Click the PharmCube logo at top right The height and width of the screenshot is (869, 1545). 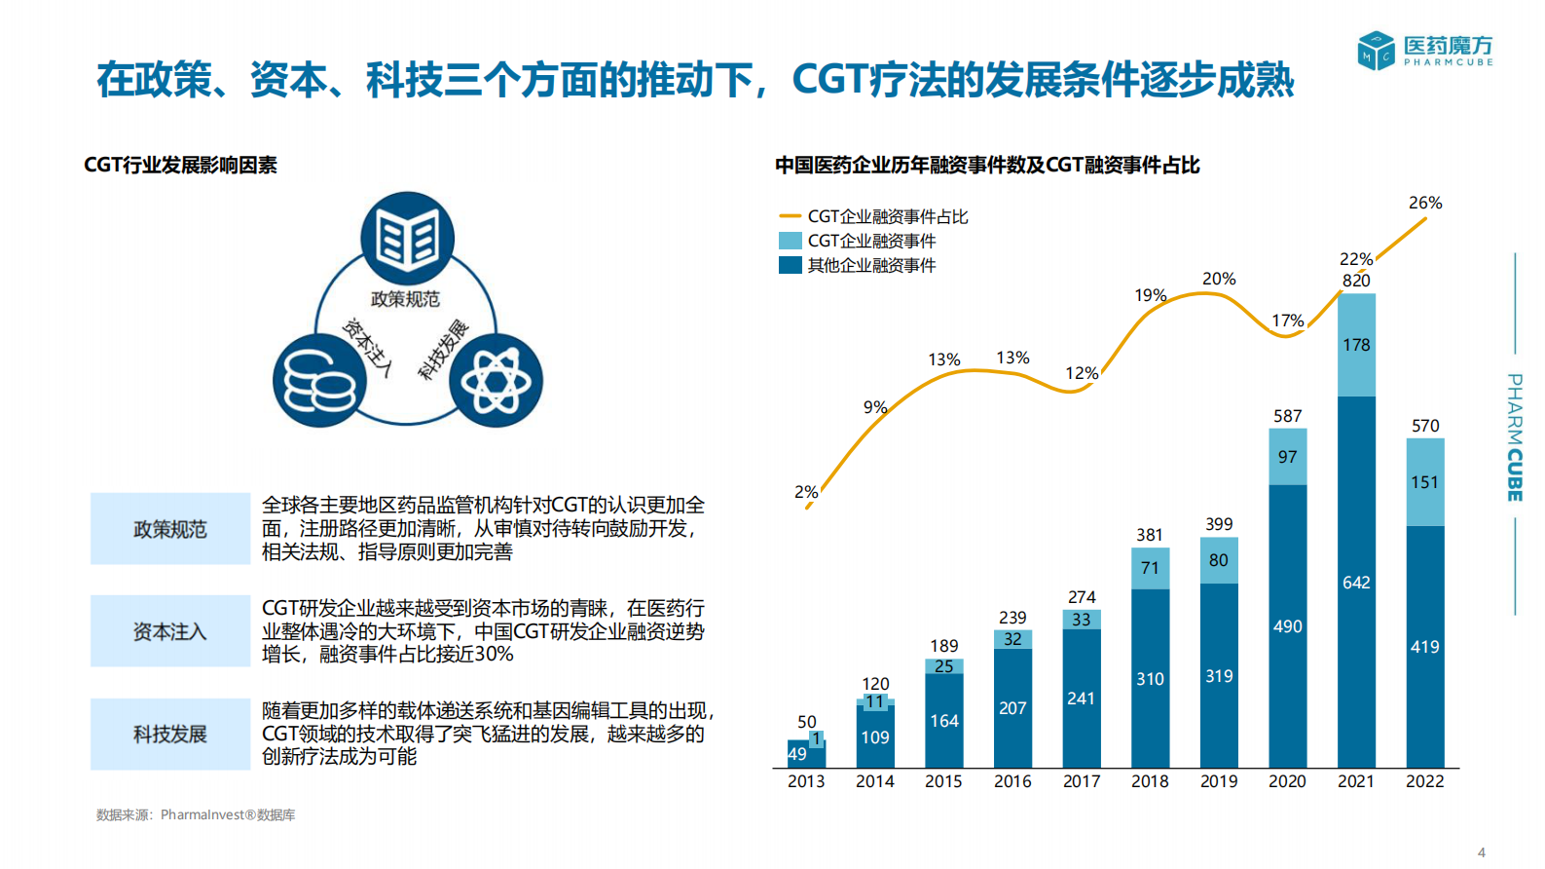1424,50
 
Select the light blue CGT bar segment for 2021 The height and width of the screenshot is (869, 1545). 1356,345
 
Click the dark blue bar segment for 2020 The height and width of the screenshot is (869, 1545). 1287,625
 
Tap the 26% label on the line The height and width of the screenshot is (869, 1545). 1424,203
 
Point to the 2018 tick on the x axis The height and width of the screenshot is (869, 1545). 1150,781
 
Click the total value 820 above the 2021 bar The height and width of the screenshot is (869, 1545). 1356,281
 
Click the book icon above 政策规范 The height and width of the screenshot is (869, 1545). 407,238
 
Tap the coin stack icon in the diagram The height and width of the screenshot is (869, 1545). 319,381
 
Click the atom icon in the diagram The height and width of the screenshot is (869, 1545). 497,381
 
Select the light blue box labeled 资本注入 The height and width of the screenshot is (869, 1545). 170,631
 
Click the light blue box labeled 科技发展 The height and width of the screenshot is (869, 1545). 170,734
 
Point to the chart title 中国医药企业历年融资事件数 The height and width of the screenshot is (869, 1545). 986,165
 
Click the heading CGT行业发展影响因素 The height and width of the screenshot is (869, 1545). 180,165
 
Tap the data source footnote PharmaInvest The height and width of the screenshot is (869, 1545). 196,814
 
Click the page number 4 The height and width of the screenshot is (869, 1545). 1482,851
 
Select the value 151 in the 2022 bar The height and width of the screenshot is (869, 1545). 1424,482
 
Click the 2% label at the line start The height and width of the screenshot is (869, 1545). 805,492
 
